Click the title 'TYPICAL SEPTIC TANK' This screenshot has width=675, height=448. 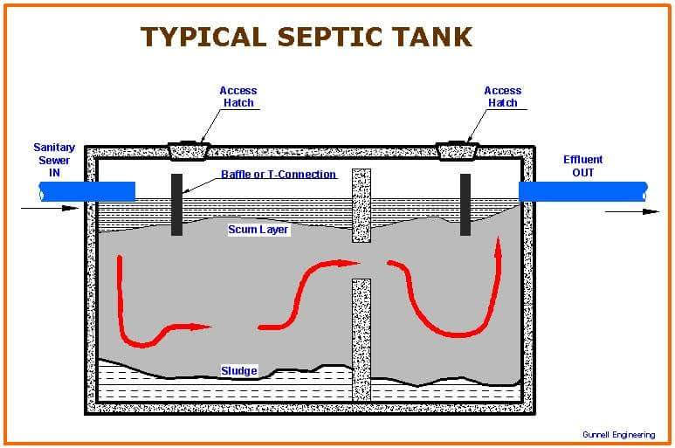click(307, 37)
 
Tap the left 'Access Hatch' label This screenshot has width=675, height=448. click(238, 96)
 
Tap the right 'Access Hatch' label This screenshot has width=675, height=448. click(502, 96)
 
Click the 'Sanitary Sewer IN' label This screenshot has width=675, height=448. click(54, 160)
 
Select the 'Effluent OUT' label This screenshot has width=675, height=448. click(582, 166)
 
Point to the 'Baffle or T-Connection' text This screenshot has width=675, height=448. click(279, 174)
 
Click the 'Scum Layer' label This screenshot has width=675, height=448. click(258, 230)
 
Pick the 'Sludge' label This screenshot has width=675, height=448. click(238, 371)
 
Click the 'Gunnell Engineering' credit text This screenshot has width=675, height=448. click(618, 434)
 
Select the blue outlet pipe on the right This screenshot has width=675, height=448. click(582, 190)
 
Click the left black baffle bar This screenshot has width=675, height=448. click(176, 204)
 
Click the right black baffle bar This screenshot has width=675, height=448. click(465, 204)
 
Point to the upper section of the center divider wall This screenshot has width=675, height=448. click(361, 205)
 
